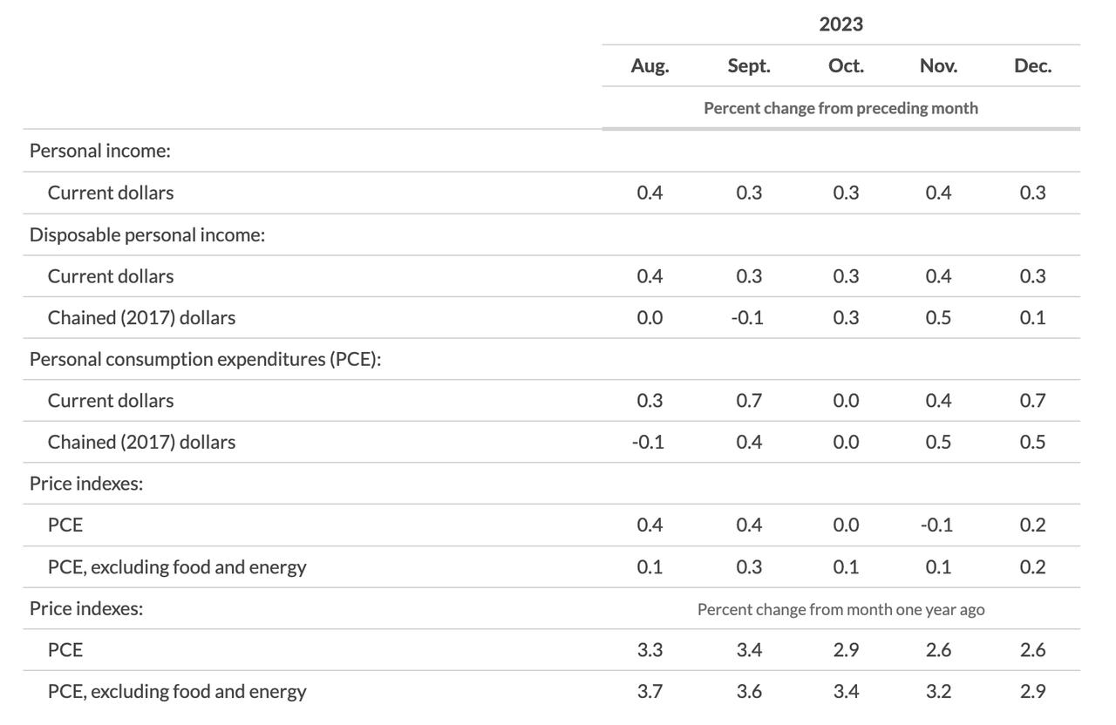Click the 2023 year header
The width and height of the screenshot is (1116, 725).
(x=841, y=24)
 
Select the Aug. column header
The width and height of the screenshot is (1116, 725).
(x=650, y=66)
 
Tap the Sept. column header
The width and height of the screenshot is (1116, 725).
(x=749, y=66)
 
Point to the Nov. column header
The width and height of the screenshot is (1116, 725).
(x=939, y=66)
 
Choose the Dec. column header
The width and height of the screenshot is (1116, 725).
(x=1033, y=66)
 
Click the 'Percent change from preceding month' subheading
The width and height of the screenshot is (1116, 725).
(x=841, y=108)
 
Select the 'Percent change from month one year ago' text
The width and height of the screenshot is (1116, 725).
(x=841, y=609)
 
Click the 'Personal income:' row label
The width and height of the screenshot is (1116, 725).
(x=100, y=151)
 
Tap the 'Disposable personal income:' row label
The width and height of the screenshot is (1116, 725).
(x=147, y=235)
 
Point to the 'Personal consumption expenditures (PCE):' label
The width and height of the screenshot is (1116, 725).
(x=205, y=360)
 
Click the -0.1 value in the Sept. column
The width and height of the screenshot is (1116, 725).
(x=747, y=318)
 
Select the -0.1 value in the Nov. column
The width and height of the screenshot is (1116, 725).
(x=936, y=525)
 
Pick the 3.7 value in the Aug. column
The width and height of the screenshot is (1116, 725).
(x=650, y=691)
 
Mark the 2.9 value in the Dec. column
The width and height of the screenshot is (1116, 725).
(x=1033, y=691)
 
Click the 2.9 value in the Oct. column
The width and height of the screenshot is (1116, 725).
(x=846, y=650)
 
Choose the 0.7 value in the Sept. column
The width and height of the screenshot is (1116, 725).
(x=749, y=400)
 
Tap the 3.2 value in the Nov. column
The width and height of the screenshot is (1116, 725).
(x=939, y=691)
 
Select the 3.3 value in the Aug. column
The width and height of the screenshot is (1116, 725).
(x=650, y=650)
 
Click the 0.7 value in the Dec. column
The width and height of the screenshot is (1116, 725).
(x=1033, y=400)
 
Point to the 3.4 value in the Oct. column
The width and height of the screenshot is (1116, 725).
(x=846, y=691)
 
